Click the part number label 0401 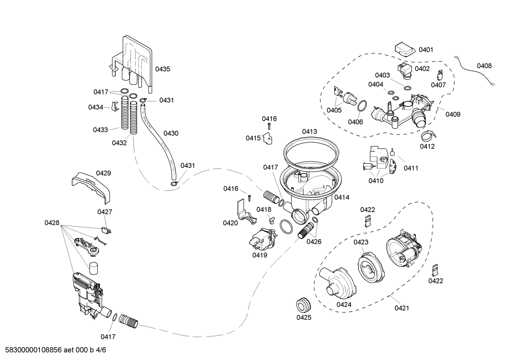(426, 50)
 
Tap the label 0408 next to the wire (484, 66)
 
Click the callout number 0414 (342, 197)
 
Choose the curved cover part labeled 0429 (91, 185)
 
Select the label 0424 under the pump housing (343, 305)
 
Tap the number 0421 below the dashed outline (402, 308)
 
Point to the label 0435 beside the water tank (163, 69)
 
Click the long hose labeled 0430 (158, 141)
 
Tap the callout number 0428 (52, 223)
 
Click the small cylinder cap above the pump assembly (93, 268)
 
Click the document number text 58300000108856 (31, 350)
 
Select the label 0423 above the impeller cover (361, 242)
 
